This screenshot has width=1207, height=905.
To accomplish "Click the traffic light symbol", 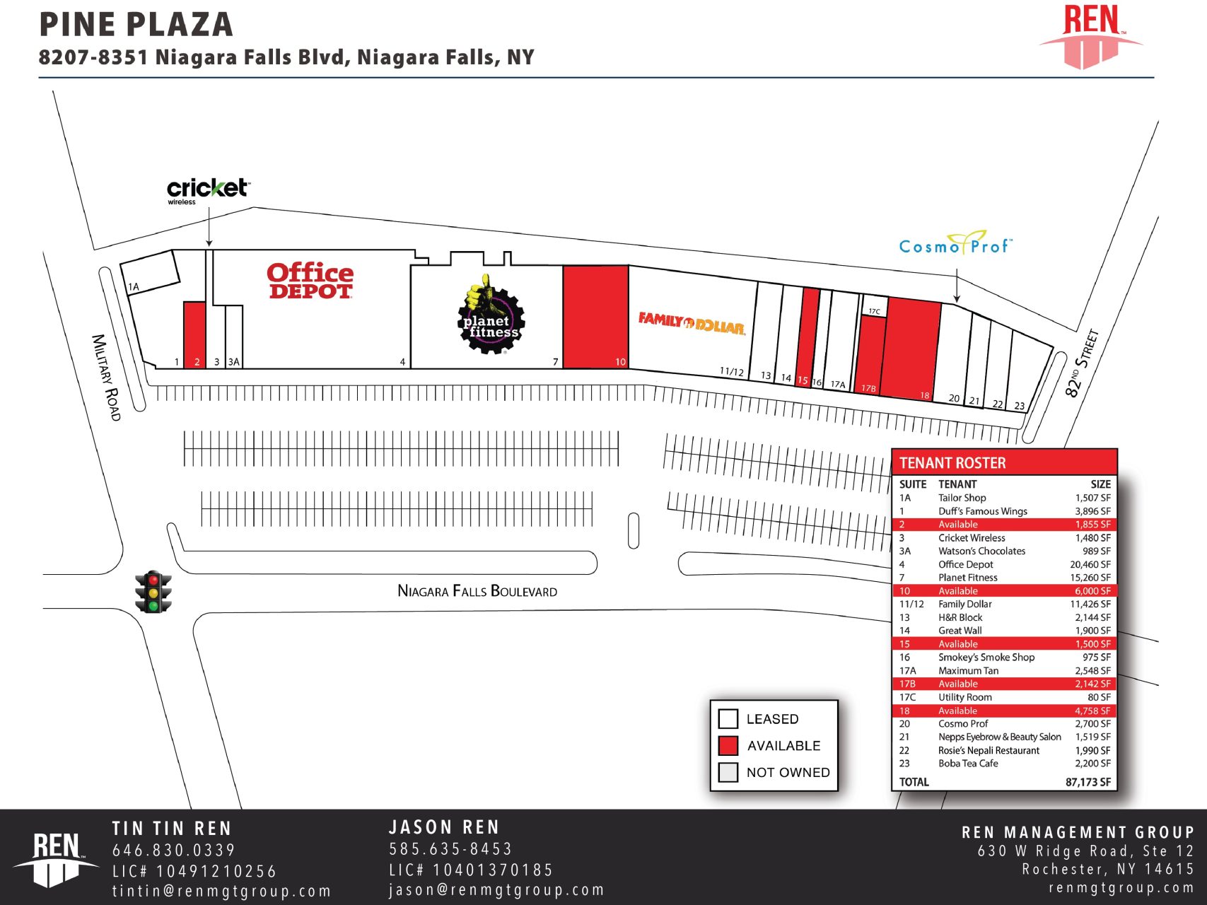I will click(153, 592).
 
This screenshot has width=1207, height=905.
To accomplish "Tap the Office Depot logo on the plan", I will click(310, 281).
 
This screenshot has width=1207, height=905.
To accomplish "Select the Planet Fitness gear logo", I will click(491, 315).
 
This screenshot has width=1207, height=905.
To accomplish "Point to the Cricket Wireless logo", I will click(208, 189).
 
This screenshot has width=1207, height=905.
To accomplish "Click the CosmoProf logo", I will click(955, 244).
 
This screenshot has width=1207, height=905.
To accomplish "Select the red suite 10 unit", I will click(595, 316).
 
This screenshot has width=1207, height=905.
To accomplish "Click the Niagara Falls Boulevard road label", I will click(477, 591).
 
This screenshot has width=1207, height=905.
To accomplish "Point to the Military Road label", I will click(107, 377).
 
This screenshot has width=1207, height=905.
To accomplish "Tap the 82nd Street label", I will click(1082, 363).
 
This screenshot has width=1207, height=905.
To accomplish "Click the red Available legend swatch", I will click(728, 746).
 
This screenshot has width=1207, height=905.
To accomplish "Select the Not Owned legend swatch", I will click(728, 772).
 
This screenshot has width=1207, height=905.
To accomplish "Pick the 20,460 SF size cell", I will click(1090, 564).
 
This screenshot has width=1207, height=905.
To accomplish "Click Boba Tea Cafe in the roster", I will click(968, 764).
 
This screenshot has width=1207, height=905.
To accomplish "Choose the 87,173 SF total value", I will click(1088, 782).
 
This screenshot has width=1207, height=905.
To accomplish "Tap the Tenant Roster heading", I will click(952, 463).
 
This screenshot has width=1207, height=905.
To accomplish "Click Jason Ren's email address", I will click(496, 889).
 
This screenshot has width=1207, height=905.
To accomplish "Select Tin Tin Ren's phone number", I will click(174, 851).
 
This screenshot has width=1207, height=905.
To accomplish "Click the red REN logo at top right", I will click(1091, 35).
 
